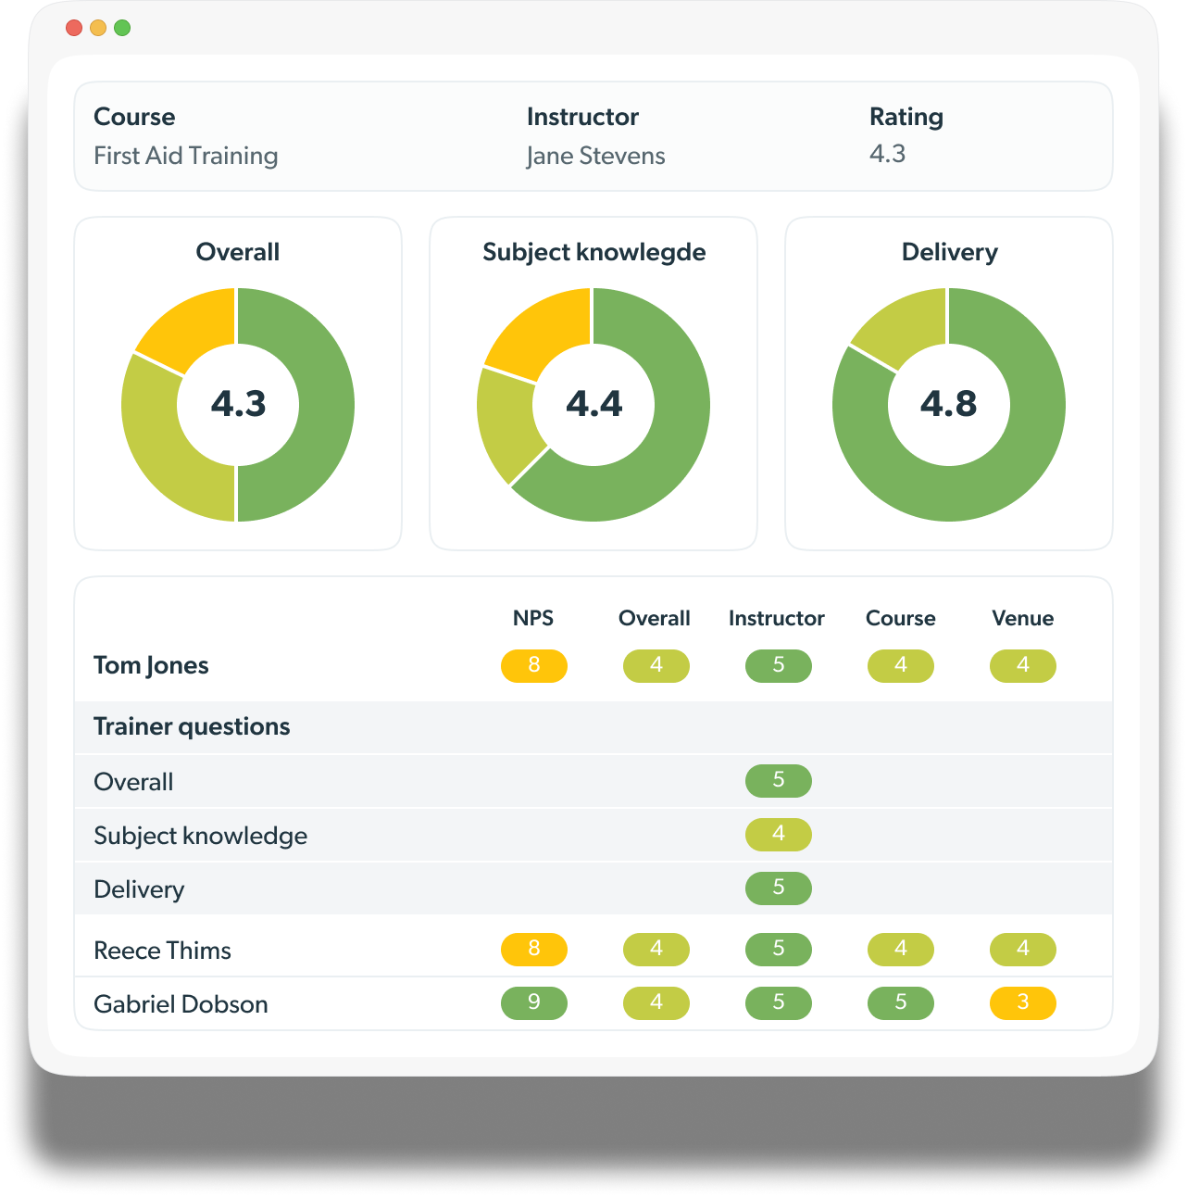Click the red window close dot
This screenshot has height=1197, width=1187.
point(74,28)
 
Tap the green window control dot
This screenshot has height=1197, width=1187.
point(122,28)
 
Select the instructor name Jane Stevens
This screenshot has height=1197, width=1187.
point(595,156)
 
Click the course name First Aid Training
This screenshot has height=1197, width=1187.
point(185,156)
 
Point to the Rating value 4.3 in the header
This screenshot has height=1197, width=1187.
point(887,154)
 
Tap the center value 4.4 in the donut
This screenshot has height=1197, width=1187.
point(593,404)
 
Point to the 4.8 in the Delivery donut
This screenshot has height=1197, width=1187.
point(948,404)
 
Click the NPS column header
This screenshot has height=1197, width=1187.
point(533,618)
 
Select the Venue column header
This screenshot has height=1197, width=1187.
point(1022,618)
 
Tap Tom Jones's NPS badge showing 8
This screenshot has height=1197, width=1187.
point(534,665)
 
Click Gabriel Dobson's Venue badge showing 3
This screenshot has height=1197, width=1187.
point(1023,1002)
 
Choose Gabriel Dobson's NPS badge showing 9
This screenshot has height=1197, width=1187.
point(534,1002)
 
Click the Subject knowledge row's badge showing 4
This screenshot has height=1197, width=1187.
point(779,834)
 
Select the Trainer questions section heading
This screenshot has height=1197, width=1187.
point(192,726)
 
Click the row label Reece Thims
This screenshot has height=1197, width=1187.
point(162,951)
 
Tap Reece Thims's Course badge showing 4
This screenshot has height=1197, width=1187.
point(901,949)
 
